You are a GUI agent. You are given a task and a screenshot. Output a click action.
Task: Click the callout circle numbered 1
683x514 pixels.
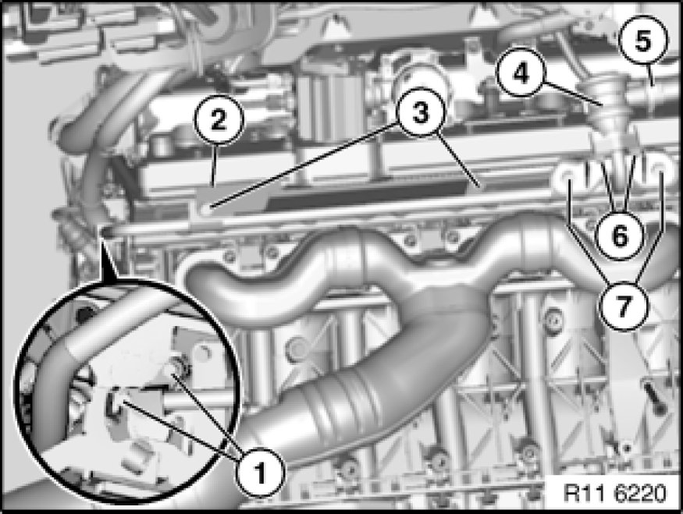260,472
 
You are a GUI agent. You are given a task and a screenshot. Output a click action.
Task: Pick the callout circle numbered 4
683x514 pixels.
521,73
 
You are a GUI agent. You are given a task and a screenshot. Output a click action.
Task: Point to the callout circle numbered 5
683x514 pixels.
643,40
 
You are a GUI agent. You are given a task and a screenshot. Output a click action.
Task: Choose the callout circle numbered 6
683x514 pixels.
620,236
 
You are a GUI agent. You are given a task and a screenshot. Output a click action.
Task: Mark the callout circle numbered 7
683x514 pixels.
624,306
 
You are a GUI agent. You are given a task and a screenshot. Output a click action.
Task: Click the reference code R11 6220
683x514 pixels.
614,494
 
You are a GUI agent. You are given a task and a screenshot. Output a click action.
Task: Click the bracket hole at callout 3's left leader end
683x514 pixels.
205,208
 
